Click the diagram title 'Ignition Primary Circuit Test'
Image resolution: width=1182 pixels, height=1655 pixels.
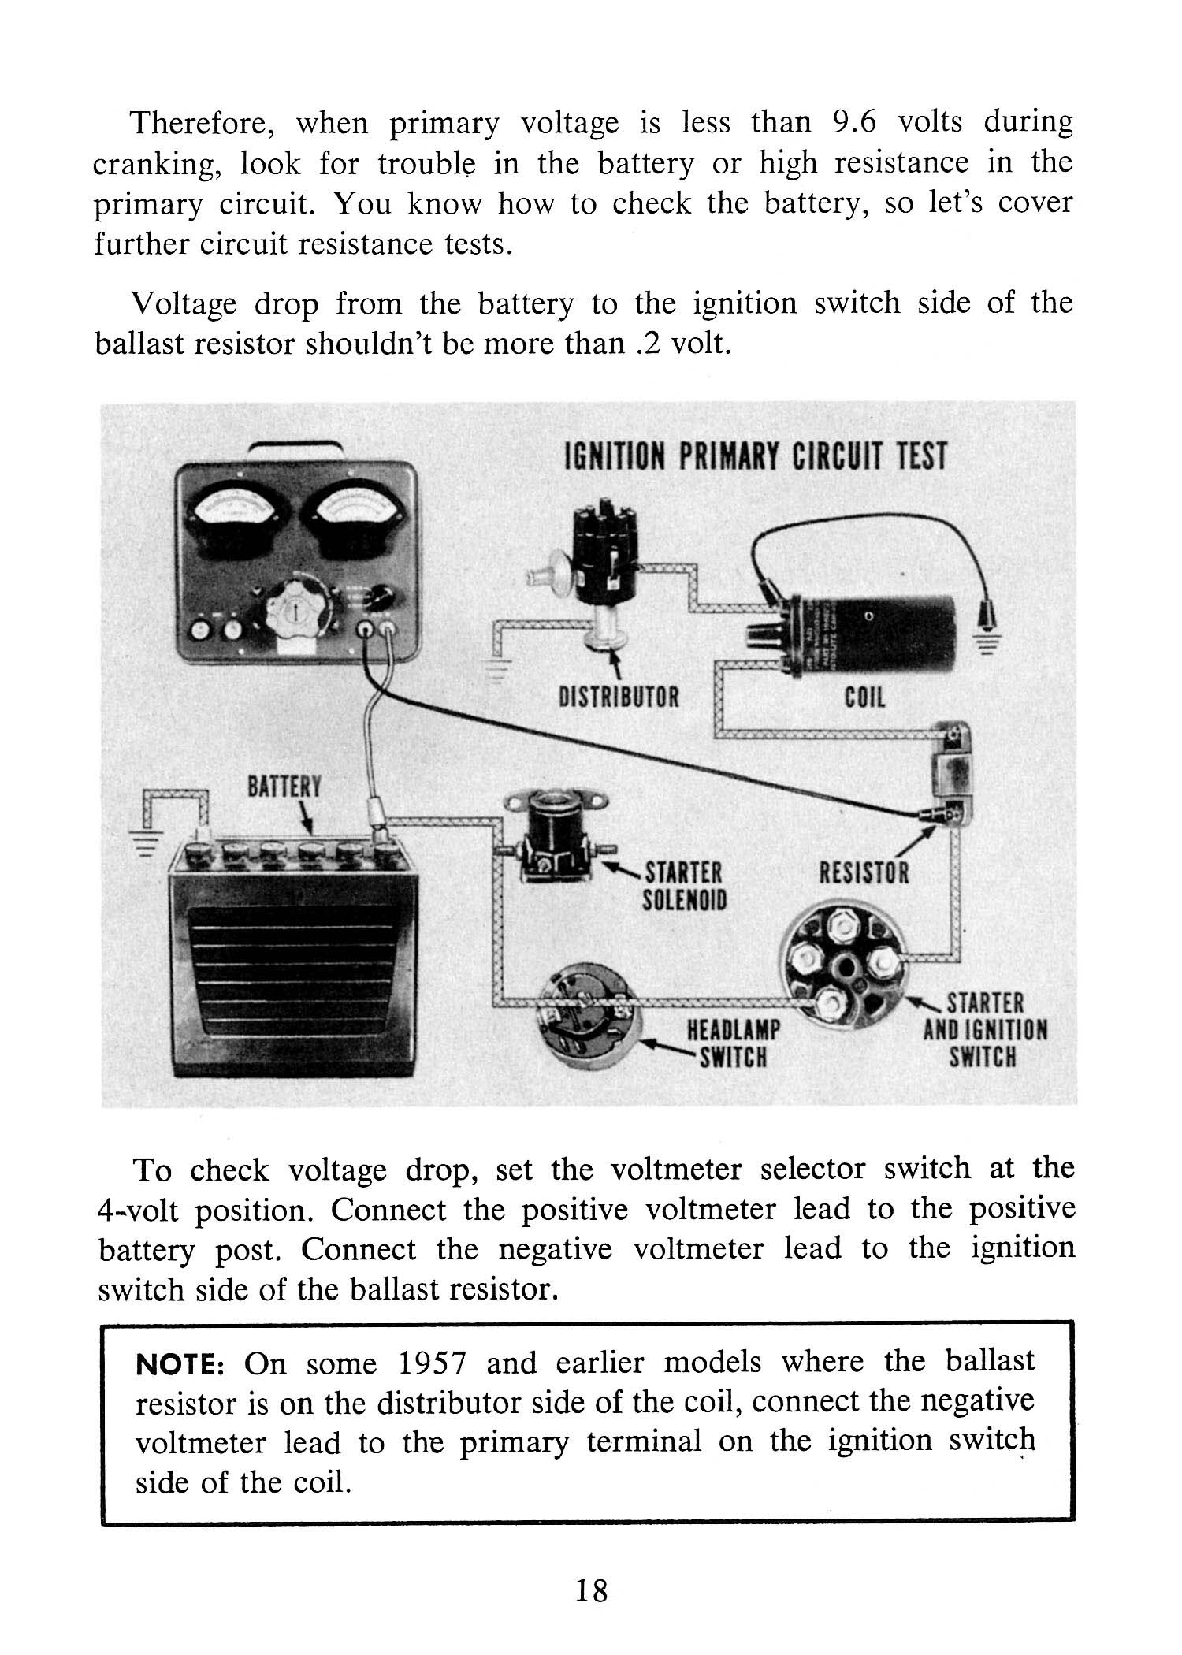[755, 456]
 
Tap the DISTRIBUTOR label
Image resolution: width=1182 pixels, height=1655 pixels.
[618, 697]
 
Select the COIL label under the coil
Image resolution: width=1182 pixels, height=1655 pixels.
[864, 697]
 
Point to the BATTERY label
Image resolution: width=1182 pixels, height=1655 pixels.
[284, 787]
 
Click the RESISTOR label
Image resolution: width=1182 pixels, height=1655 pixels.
[864, 872]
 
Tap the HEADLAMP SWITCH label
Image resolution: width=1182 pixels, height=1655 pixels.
[733, 1042]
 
